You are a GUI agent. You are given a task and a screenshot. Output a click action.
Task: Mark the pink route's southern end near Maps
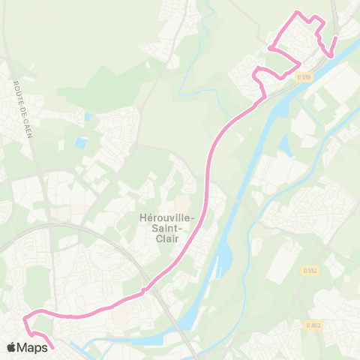point(53,348)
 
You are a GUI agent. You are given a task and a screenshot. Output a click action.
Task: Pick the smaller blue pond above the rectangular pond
point(87,117)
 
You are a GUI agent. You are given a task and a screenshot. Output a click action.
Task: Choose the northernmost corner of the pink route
point(298,12)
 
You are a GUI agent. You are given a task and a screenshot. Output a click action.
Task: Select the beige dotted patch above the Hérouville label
point(183,203)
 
